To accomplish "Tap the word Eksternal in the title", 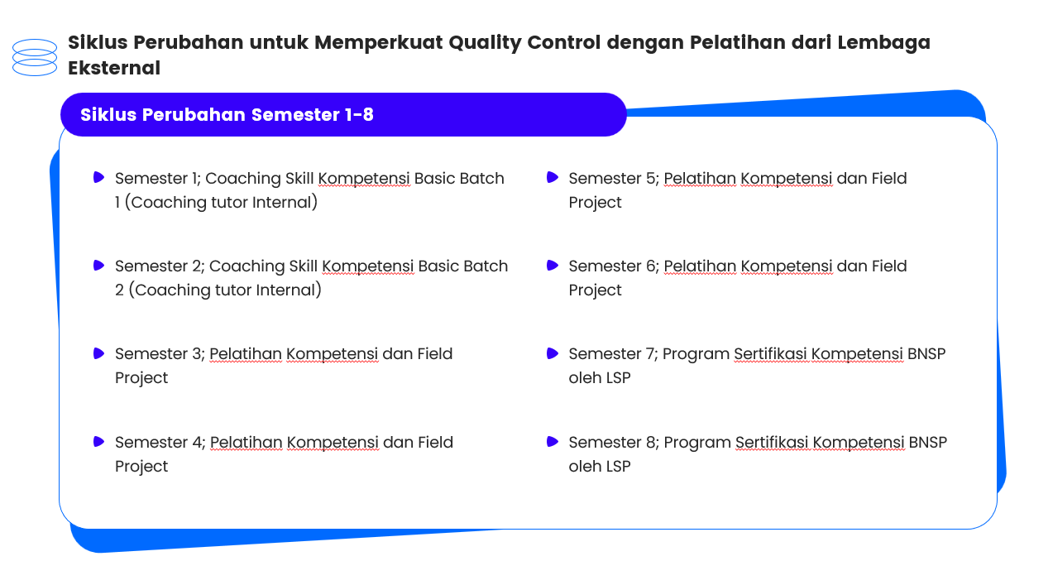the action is click(x=114, y=68).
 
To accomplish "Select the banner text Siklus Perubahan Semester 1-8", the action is click(x=227, y=115).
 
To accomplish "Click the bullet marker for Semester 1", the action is click(x=98, y=177).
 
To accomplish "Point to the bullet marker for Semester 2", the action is click(x=98, y=266).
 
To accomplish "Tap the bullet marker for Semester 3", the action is click(x=98, y=353).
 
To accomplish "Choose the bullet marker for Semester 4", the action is click(x=98, y=442).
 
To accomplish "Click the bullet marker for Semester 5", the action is click(x=553, y=177).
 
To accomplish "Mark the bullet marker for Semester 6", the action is click(x=553, y=266).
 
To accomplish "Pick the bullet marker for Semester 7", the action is click(x=553, y=353).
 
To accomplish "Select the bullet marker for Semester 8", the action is click(x=553, y=442).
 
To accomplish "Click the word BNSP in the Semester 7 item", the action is click(x=926, y=353).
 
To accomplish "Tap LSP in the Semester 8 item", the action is click(x=618, y=466).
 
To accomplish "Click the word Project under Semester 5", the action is click(x=595, y=203).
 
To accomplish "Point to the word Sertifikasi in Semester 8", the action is click(x=772, y=442).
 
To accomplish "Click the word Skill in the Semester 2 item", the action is click(x=304, y=266).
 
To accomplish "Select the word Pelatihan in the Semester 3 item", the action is click(x=246, y=353).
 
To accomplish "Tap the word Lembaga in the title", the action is click(x=883, y=43).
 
